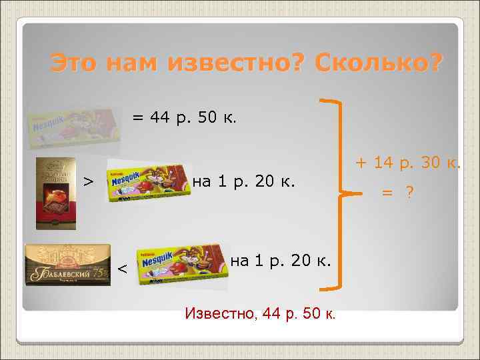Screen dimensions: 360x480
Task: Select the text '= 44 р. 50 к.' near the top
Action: point(183,119)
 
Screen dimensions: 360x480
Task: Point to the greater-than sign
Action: point(87,181)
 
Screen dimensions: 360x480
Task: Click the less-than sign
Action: point(121,269)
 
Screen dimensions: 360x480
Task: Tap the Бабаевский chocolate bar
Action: point(67,265)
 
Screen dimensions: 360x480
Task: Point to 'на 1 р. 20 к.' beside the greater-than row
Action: point(243,181)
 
